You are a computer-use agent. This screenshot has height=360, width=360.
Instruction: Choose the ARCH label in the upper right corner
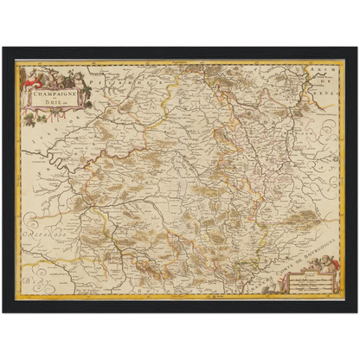click(x=326, y=69)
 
